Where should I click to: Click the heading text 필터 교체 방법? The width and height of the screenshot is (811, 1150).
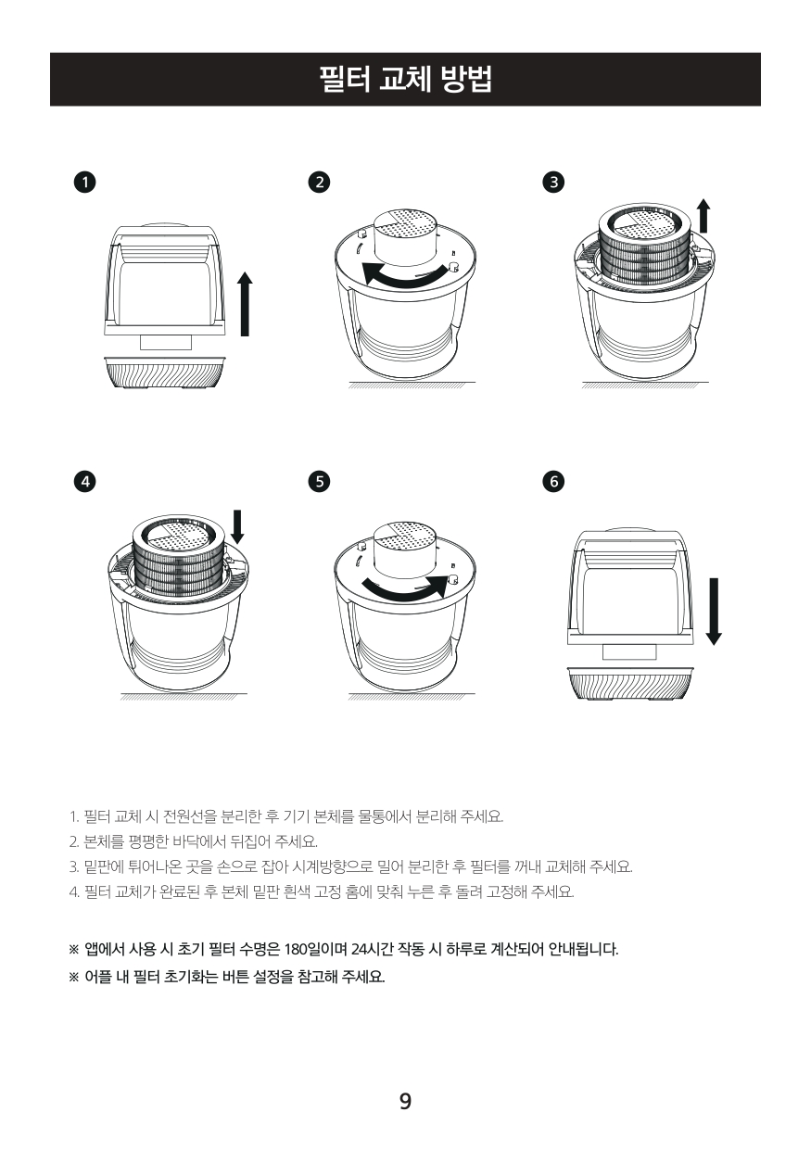click(x=405, y=79)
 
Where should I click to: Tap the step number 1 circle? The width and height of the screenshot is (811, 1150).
click(x=84, y=183)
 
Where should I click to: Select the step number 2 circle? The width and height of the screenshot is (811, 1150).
click(x=319, y=183)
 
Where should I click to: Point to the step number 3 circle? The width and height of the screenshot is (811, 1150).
click(x=553, y=183)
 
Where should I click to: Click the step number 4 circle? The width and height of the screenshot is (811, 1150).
click(x=84, y=482)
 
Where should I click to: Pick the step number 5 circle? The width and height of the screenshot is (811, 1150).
click(x=319, y=482)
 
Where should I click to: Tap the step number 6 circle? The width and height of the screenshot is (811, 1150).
click(x=553, y=482)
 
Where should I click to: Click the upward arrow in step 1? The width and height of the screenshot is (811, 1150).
click(x=245, y=304)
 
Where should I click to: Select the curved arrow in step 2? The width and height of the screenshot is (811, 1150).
click(x=405, y=276)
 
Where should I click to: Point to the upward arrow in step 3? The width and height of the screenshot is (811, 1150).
click(x=703, y=216)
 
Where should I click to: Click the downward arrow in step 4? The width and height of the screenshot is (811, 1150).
click(x=237, y=526)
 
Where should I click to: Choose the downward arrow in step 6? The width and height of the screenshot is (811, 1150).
click(x=714, y=612)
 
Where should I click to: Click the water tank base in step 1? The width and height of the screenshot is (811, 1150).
click(x=165, y=373)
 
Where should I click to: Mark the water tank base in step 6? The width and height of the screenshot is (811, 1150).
click(x=629, y=683)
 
